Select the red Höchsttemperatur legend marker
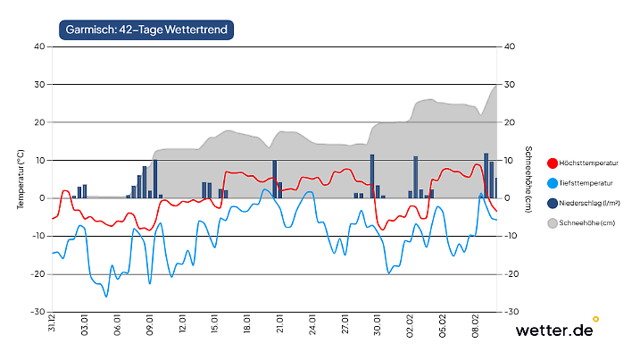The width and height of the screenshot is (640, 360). pos(553,163)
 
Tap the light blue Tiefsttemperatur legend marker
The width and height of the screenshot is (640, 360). pos(553,183)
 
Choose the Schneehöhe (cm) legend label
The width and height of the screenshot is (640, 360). pos(594,222)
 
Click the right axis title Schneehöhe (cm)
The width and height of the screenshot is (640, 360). pos(528,179)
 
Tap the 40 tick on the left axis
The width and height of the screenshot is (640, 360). pos(39,46)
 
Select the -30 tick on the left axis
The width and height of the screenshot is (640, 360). pos(37,312)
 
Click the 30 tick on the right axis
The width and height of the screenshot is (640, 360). pos(511,84)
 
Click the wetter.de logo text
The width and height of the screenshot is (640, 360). pos(554,331)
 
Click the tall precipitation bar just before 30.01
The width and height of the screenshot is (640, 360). pos(372,176)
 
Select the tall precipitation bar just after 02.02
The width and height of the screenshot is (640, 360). pos(416,177)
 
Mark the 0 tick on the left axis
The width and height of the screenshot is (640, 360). pos(42,198)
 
